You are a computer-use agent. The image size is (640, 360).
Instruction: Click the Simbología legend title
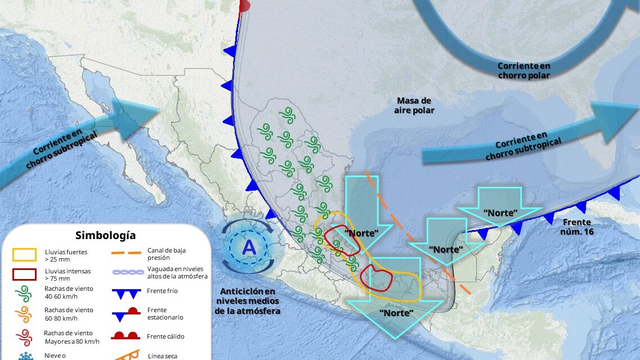pos(105,235)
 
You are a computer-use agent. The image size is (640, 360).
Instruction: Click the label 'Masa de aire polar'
pos(414,105)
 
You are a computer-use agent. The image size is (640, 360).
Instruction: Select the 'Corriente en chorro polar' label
pos(523,70)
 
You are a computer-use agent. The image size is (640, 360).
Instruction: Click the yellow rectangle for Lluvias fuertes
pos(25,255)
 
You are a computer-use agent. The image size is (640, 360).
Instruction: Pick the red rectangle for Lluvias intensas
pos(25,274)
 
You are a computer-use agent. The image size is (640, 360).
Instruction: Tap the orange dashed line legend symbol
pos(126,253)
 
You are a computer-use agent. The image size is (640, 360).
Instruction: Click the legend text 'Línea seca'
pos(160,355)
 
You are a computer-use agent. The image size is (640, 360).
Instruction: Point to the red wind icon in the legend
pos(25,336)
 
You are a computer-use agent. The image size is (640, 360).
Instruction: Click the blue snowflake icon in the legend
pos(25,355)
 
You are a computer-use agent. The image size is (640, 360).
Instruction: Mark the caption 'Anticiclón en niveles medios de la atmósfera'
pos(248,301)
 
